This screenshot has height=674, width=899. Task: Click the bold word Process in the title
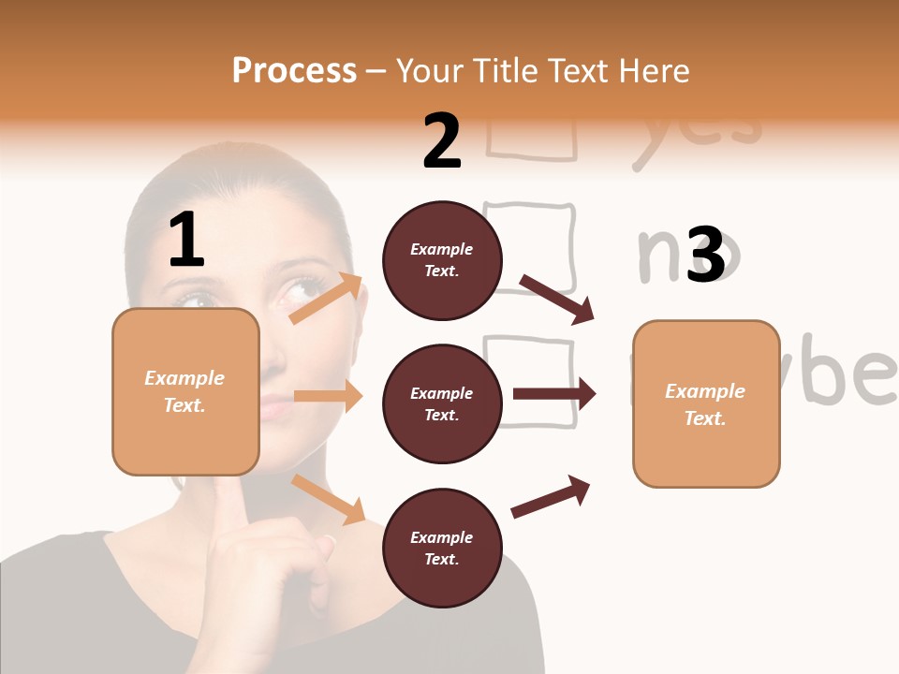point(294,71)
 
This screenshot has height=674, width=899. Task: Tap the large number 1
point(186,241)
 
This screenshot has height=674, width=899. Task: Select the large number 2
point(442,141)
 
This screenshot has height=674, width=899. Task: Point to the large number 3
point(705,255)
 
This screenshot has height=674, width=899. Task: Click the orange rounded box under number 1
point(185,391)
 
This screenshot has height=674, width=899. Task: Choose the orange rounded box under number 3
point(706,404)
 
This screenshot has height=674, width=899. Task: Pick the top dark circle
point(442,260)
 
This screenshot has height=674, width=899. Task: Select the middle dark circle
point(442,404)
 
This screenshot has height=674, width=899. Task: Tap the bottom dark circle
point(442,549)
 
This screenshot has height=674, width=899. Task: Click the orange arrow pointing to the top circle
point(326,299)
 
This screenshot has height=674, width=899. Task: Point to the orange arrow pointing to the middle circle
point(328,396)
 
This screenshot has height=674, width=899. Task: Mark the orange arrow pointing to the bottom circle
point(328,498)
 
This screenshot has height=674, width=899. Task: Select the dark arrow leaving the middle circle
point(553,394)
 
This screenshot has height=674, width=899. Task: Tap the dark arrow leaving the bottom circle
point(551,496)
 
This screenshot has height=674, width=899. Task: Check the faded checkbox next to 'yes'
point(531,140)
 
